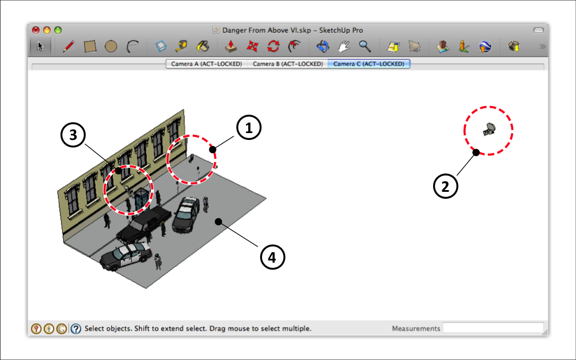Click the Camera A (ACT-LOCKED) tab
click(206, 64)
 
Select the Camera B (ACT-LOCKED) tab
click(287, 64)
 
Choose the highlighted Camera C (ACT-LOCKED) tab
click(369, 64)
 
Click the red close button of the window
click(36, 30)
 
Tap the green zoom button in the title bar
click(58, 30)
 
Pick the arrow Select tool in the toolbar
click(40, 47)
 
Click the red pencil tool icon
click(69, 47)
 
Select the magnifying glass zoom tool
click(365, 46)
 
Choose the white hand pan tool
click(344, 47)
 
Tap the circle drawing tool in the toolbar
click(111, 47)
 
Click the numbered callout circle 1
click(249, 129)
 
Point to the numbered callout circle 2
click(445, 186)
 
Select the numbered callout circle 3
click(73, 136)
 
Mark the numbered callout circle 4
click(273, 257)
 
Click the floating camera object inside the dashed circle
click(489, 130)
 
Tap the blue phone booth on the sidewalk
click(140, 199)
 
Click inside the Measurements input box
click(492, 328)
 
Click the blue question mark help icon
click(76, 329)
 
